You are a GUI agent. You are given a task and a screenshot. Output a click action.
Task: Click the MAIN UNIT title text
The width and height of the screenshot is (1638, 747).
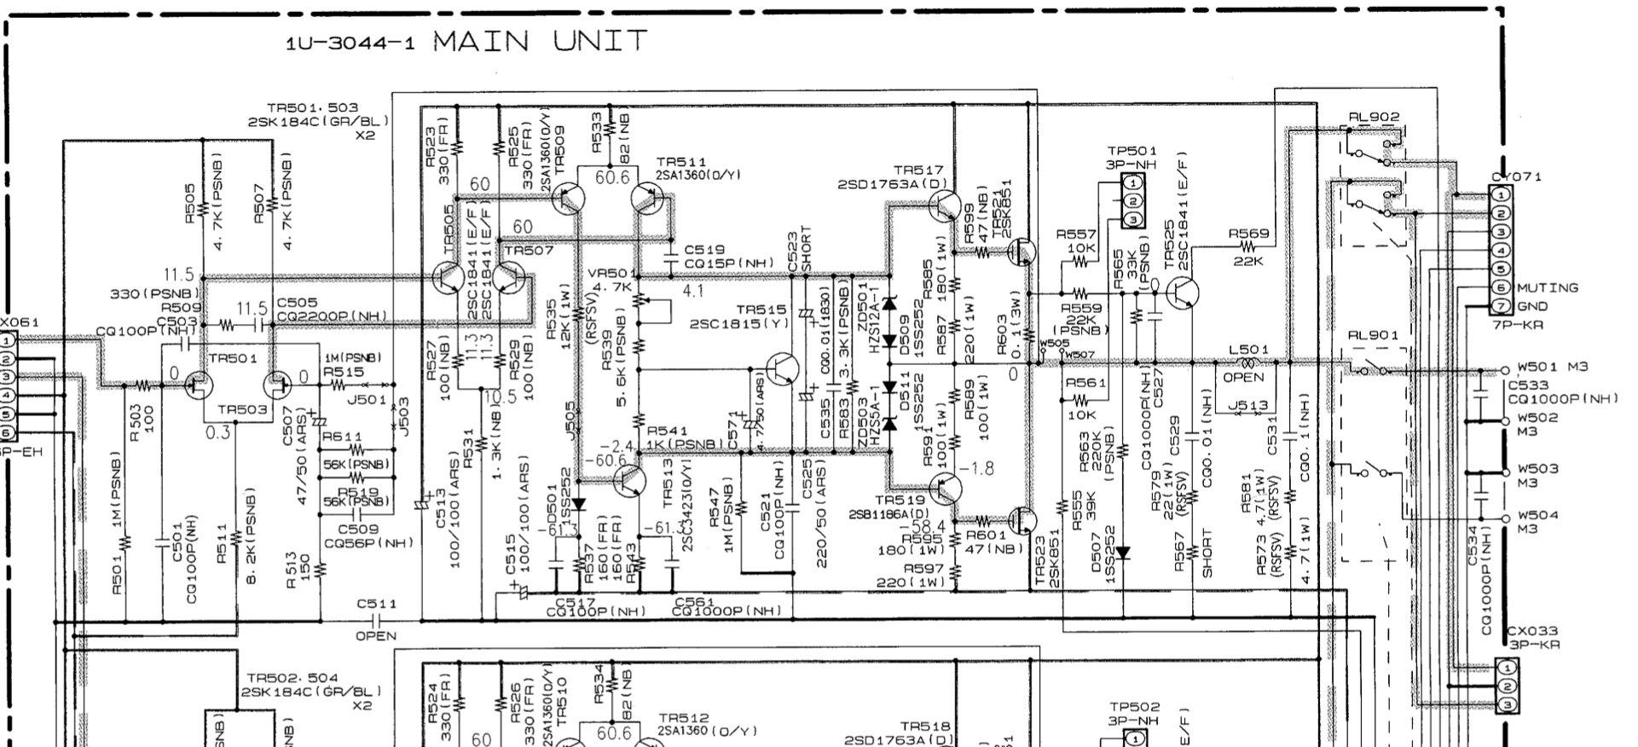541,41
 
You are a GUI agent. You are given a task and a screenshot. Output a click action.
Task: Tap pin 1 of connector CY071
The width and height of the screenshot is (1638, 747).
1501,194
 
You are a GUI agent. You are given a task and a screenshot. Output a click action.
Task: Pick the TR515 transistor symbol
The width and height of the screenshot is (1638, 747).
782,369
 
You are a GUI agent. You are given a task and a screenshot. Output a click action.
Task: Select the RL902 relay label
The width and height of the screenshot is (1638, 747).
1374,117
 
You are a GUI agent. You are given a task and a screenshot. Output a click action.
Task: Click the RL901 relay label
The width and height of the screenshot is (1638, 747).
1373,335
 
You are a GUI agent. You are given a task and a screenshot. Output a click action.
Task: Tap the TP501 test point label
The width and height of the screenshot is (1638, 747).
1132,152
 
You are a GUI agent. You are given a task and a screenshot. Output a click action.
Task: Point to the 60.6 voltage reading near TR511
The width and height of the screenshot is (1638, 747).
612,177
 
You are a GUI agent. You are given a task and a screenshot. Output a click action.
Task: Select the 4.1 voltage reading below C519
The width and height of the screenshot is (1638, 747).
693,290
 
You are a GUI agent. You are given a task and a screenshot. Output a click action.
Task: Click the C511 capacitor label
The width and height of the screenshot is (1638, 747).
376,604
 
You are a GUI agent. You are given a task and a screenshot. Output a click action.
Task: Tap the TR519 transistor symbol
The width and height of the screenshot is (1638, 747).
944,489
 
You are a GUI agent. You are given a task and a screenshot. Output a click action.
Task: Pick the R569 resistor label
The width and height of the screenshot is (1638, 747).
1248,234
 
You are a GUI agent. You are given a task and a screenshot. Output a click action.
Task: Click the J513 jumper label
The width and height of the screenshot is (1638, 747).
1248,406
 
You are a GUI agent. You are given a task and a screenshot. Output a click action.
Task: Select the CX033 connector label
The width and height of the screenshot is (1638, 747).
1529,632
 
